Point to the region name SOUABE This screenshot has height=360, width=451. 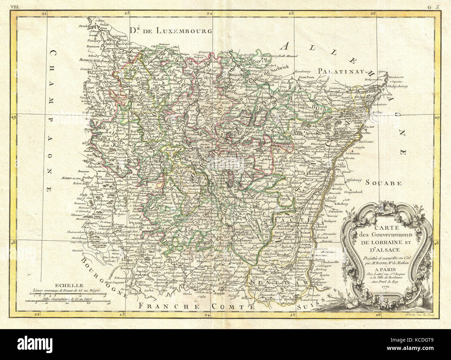383,183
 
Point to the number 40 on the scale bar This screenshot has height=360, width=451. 109,303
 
